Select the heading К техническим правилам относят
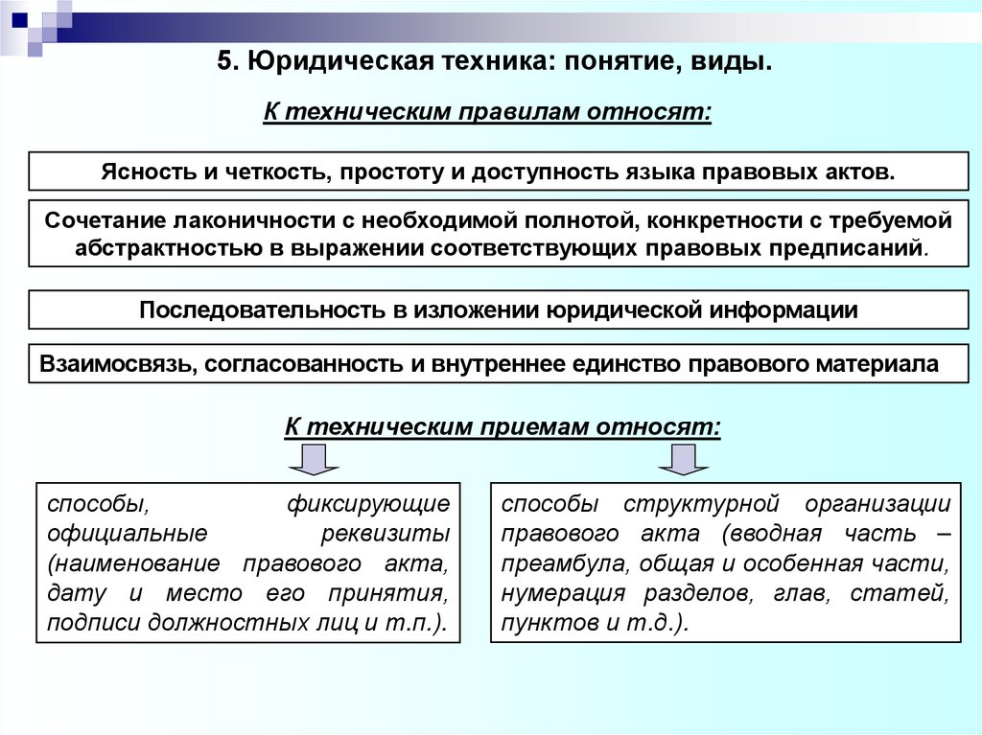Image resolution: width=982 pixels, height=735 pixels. (x=488, y=112)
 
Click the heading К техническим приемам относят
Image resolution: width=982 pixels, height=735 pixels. (x=503, y=426)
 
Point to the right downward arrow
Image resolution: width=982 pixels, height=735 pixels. (x=683, y=459)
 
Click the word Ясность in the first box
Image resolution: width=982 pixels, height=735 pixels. (x=145, y=172)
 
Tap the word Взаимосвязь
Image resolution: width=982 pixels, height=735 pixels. (x=108, y=365)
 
